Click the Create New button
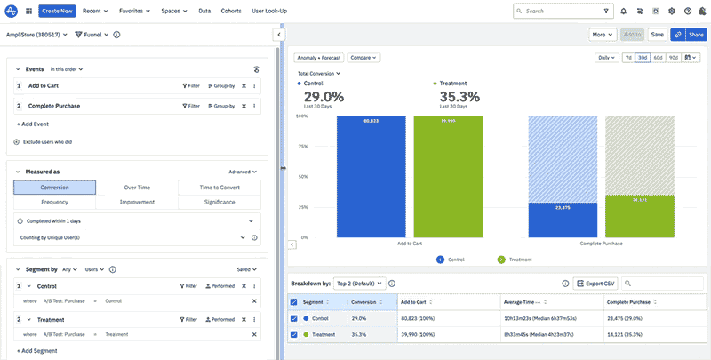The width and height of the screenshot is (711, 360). tap(57, 11)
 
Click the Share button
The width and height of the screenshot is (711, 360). tap(690, 35)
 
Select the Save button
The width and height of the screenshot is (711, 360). tap(657, 35)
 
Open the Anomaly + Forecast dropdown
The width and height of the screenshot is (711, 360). tap(318, 58)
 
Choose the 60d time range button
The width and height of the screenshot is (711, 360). tap(659, 58)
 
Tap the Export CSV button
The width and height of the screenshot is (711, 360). tap(595, 284)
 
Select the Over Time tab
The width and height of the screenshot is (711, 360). tap(137, 188)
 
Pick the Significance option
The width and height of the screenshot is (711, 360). tap(219, 202)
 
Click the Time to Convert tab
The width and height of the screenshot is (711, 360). tap(219, 188)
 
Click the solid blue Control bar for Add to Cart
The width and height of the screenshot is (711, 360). tap(371, 178)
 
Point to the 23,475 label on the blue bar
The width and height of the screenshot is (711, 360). tap(562, 207)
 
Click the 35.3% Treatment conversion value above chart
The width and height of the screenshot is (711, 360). tap(459, 97)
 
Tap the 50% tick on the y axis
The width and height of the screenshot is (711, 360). tap(302, 177)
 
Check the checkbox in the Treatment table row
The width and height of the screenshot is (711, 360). tap(294, 334)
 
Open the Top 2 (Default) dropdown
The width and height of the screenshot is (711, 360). tap(360, 284)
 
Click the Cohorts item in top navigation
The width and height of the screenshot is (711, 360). tap(231, 11)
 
